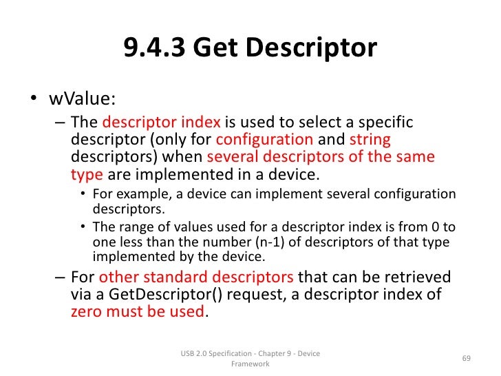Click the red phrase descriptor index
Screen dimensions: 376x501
pyautogui.click(x=161, y=123)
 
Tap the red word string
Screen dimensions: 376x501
pyautogui.click(x=370, y=140)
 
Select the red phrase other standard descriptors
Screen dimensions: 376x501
pyautogui.click(x=197, y=278)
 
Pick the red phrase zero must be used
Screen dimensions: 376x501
pyautogui.click(x=138, y=311)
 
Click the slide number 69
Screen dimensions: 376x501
pyautogui.click(x=466, y=358)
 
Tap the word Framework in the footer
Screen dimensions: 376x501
pyautogui.click(x=250, y=364)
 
